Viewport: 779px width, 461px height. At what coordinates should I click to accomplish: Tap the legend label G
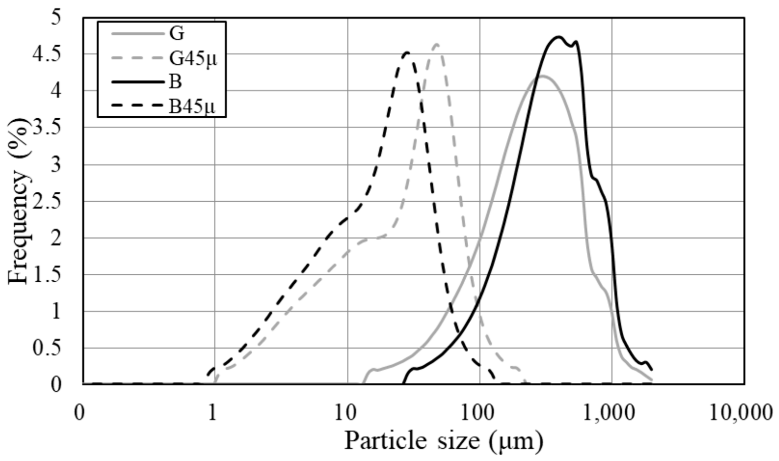click(177, 34)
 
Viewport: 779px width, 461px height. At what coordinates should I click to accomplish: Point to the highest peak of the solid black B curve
click(559, 37)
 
